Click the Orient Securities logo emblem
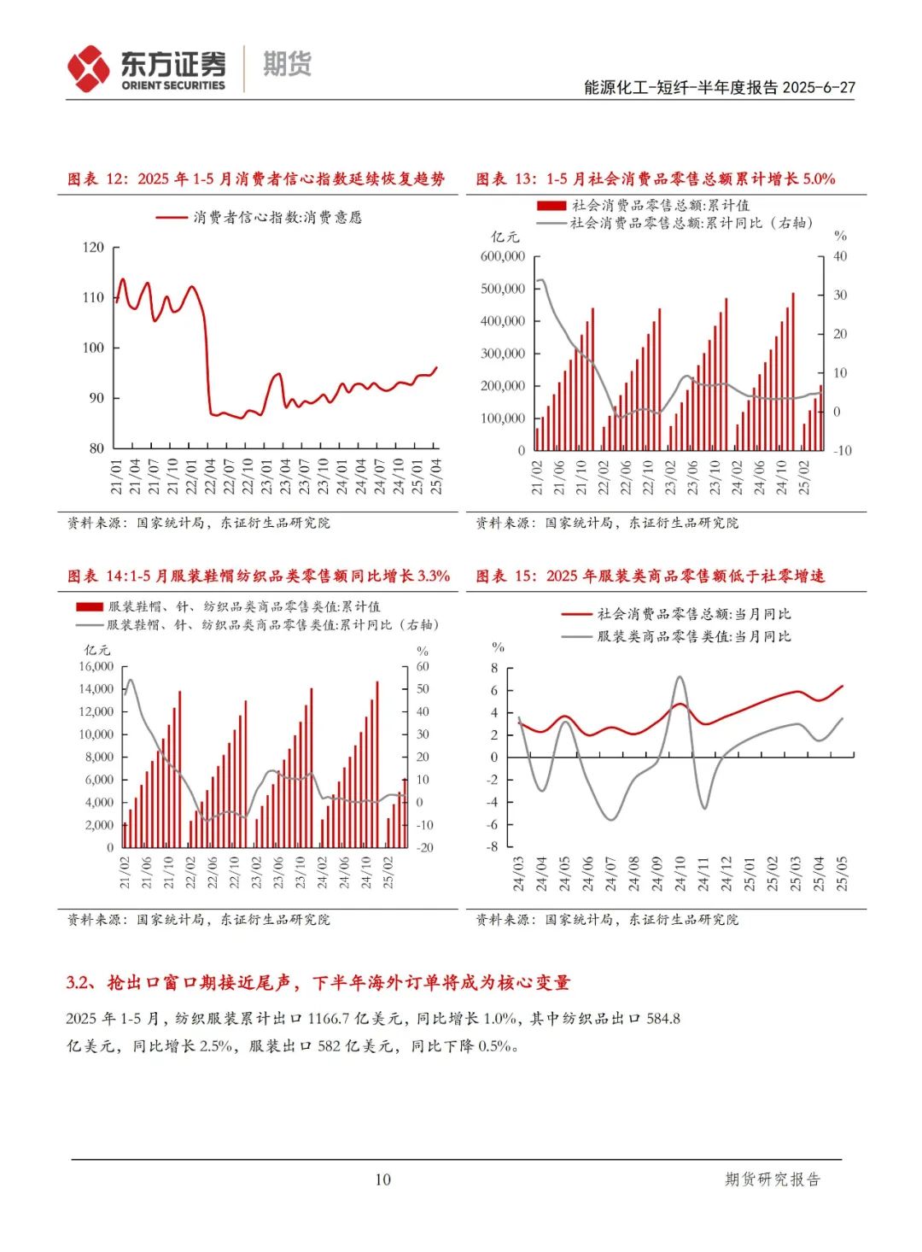(89, 68)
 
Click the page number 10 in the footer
(382, 1179)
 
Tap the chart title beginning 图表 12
(256, 178)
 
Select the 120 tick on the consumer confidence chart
(93, 248)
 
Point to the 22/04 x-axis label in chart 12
(210, 477)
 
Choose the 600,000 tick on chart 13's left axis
(503, 256)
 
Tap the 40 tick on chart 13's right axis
(840, 256)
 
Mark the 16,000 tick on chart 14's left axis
(96, 667)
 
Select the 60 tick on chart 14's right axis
(423, 667)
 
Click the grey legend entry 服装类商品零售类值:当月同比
(694, 636)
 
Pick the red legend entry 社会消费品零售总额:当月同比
(694, 614)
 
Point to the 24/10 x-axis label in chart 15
(680, 874)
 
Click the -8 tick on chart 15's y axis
(493, 847)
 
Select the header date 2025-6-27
(819, 87)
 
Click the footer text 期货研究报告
(772, 1179)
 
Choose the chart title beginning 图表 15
(650, 576)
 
